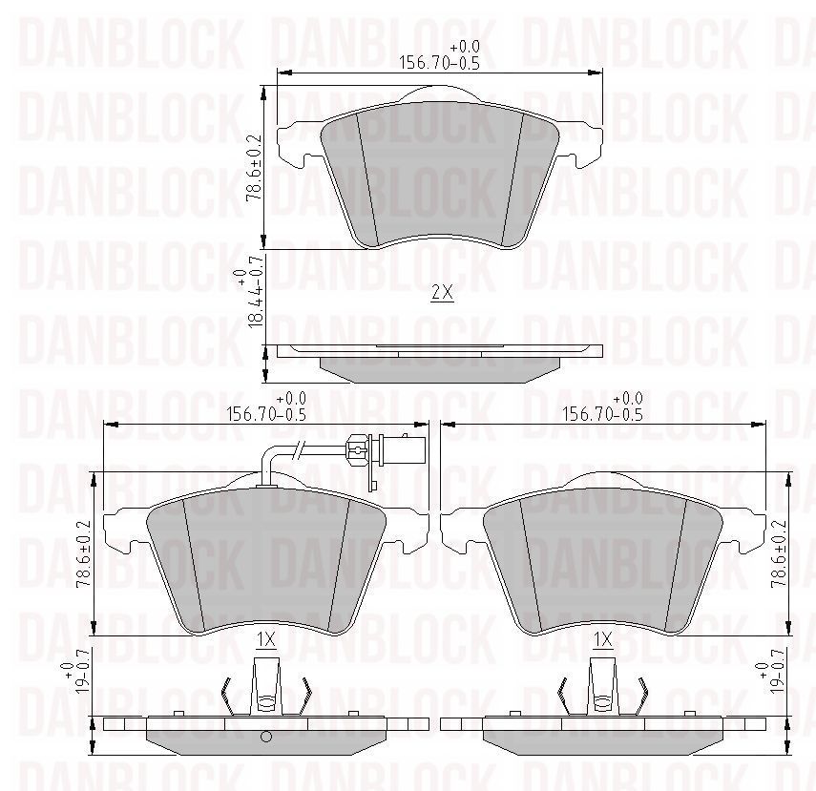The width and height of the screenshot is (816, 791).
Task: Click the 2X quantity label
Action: pos(442,293)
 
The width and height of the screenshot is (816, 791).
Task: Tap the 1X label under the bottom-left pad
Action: pos(266,639)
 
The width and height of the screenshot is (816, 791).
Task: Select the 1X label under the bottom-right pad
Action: pos(603,639)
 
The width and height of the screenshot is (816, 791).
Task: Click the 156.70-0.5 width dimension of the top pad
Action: pos(439,55)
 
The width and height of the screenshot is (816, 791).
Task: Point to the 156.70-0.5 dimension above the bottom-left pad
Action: pos(266,406)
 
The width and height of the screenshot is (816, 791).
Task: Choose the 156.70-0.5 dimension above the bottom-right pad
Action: pos(603,406)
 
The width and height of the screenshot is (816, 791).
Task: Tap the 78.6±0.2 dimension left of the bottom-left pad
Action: pos(84,553)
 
